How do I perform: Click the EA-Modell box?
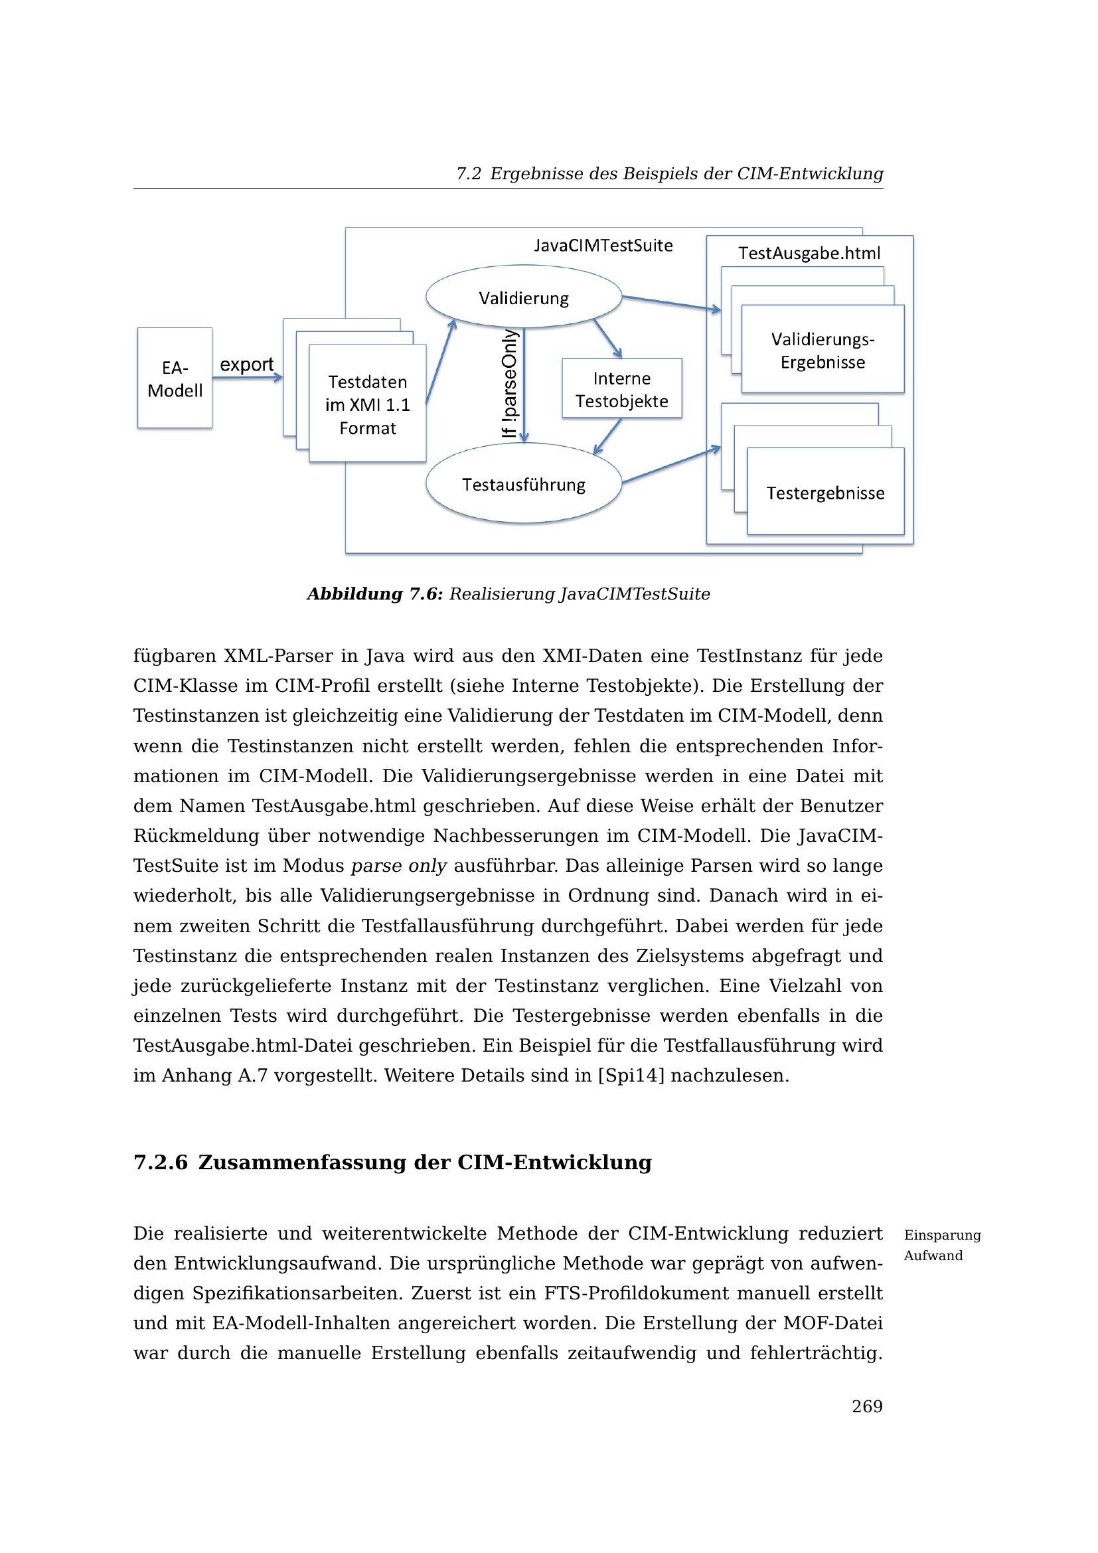point(175,378)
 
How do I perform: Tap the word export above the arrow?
point(247,365)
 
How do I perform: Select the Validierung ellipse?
point(524,297)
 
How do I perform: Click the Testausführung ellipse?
point(524,484)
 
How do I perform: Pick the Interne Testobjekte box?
point(622,389)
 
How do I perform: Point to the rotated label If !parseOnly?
point(510,384)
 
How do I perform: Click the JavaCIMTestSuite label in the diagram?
point(603,246)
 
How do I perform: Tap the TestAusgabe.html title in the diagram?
point(809,254)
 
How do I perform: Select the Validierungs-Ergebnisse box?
point(823,351)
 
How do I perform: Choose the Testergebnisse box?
point(826,493)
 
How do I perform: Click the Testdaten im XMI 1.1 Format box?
point(368,404)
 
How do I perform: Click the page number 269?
point(867,1406)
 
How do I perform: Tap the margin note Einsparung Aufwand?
point(942,1244)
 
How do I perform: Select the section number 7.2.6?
point(160,1163)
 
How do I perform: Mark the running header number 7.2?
point(468,174)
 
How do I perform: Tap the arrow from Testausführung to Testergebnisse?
point(670,465)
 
